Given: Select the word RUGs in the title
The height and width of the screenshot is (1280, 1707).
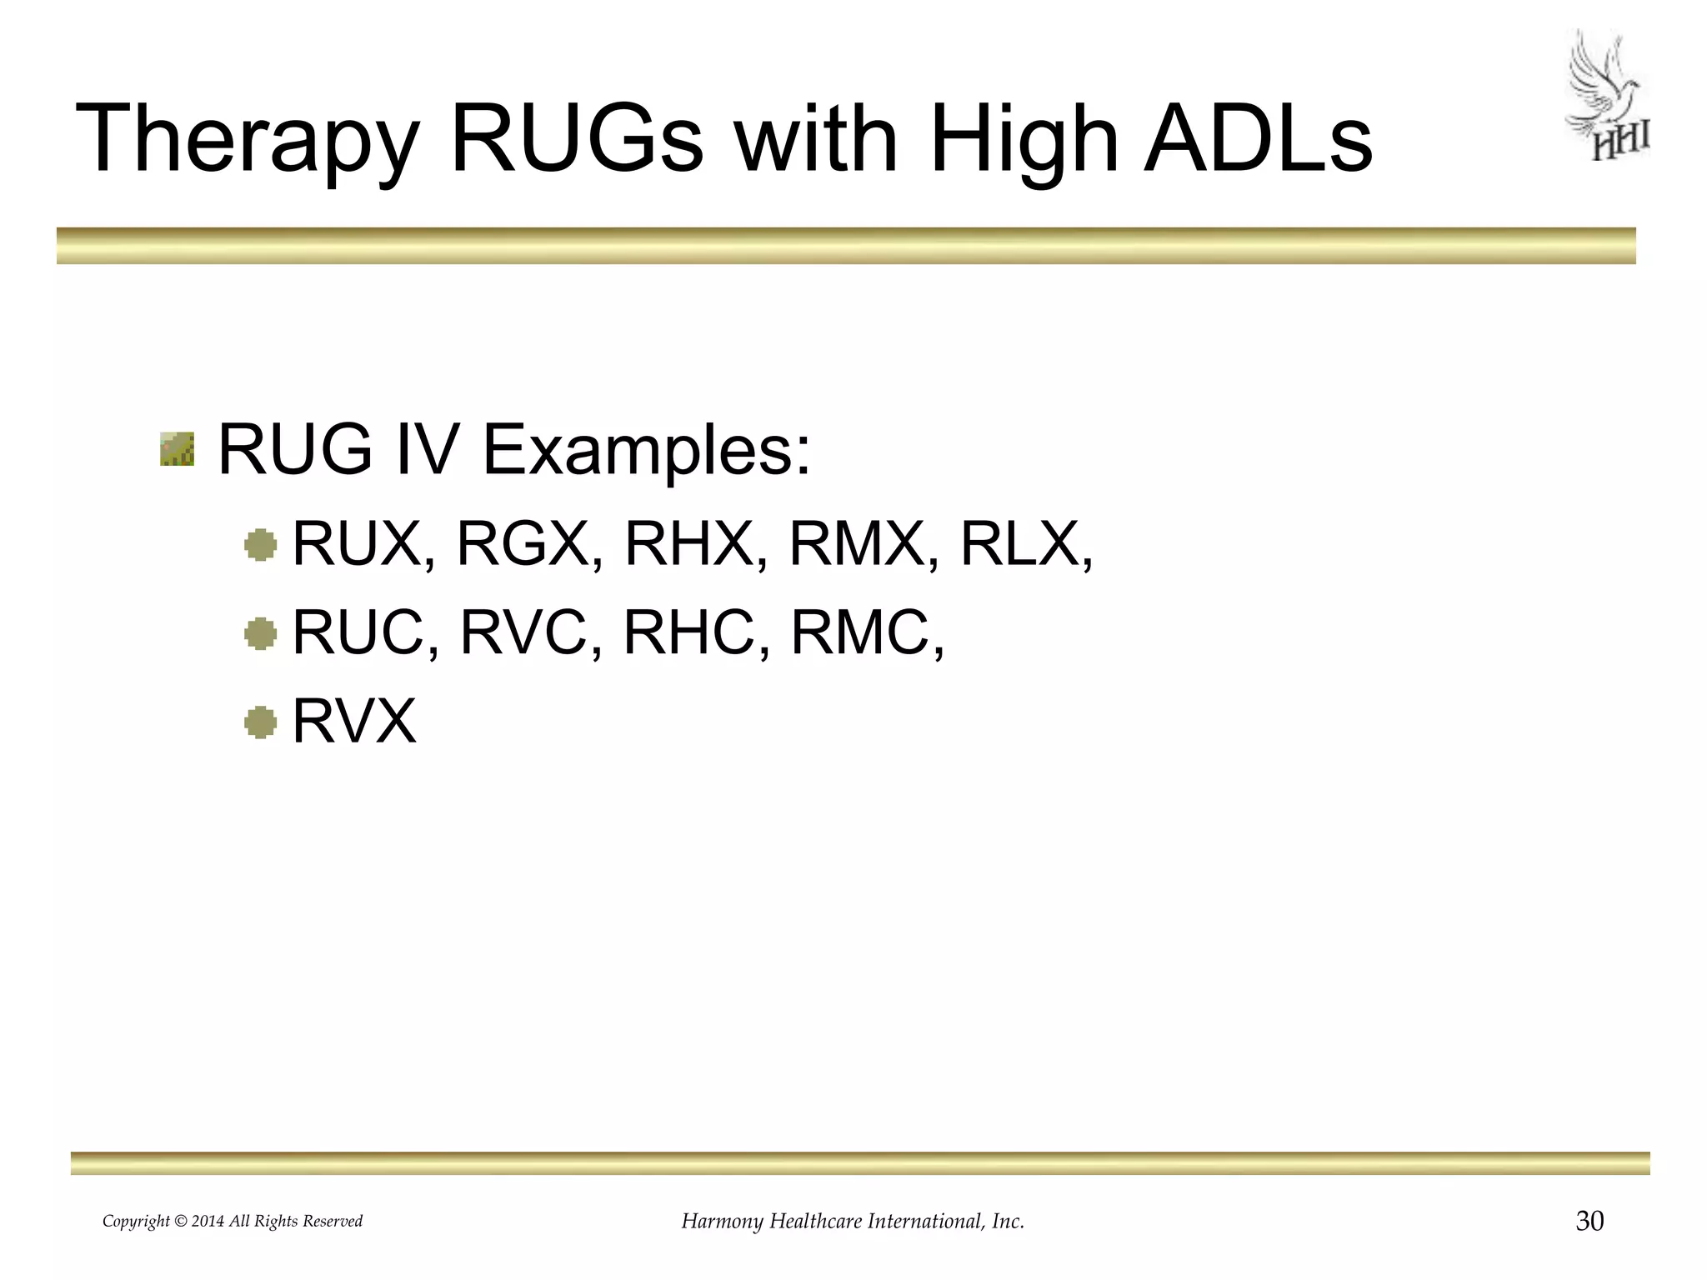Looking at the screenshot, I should click(x=577, y=137).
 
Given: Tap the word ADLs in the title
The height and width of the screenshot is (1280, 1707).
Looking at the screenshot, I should click(x=1259, y=137).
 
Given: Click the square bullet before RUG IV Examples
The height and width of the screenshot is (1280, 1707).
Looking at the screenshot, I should click(x=177, y=449).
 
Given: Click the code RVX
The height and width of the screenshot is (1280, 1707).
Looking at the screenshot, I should click(x=354, y=721).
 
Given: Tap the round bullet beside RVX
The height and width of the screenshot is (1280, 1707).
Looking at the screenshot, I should click(x=260, y=722).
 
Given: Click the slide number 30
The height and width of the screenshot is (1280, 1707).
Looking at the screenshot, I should click(x=1589, y=1222).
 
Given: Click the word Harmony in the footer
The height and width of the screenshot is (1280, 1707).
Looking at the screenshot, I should click(x=722, y=1222).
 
